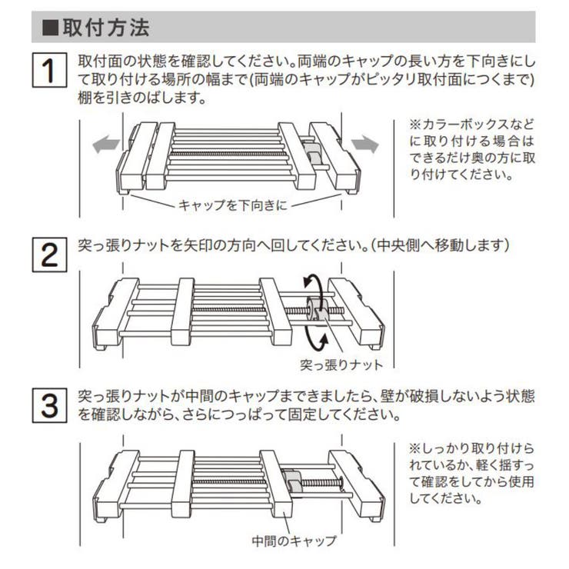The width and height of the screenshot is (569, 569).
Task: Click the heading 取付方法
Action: coord(105,28)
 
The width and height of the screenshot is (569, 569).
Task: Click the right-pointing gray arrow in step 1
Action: coord(366,144)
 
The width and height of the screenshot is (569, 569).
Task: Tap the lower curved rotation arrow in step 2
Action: coord(309,336)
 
